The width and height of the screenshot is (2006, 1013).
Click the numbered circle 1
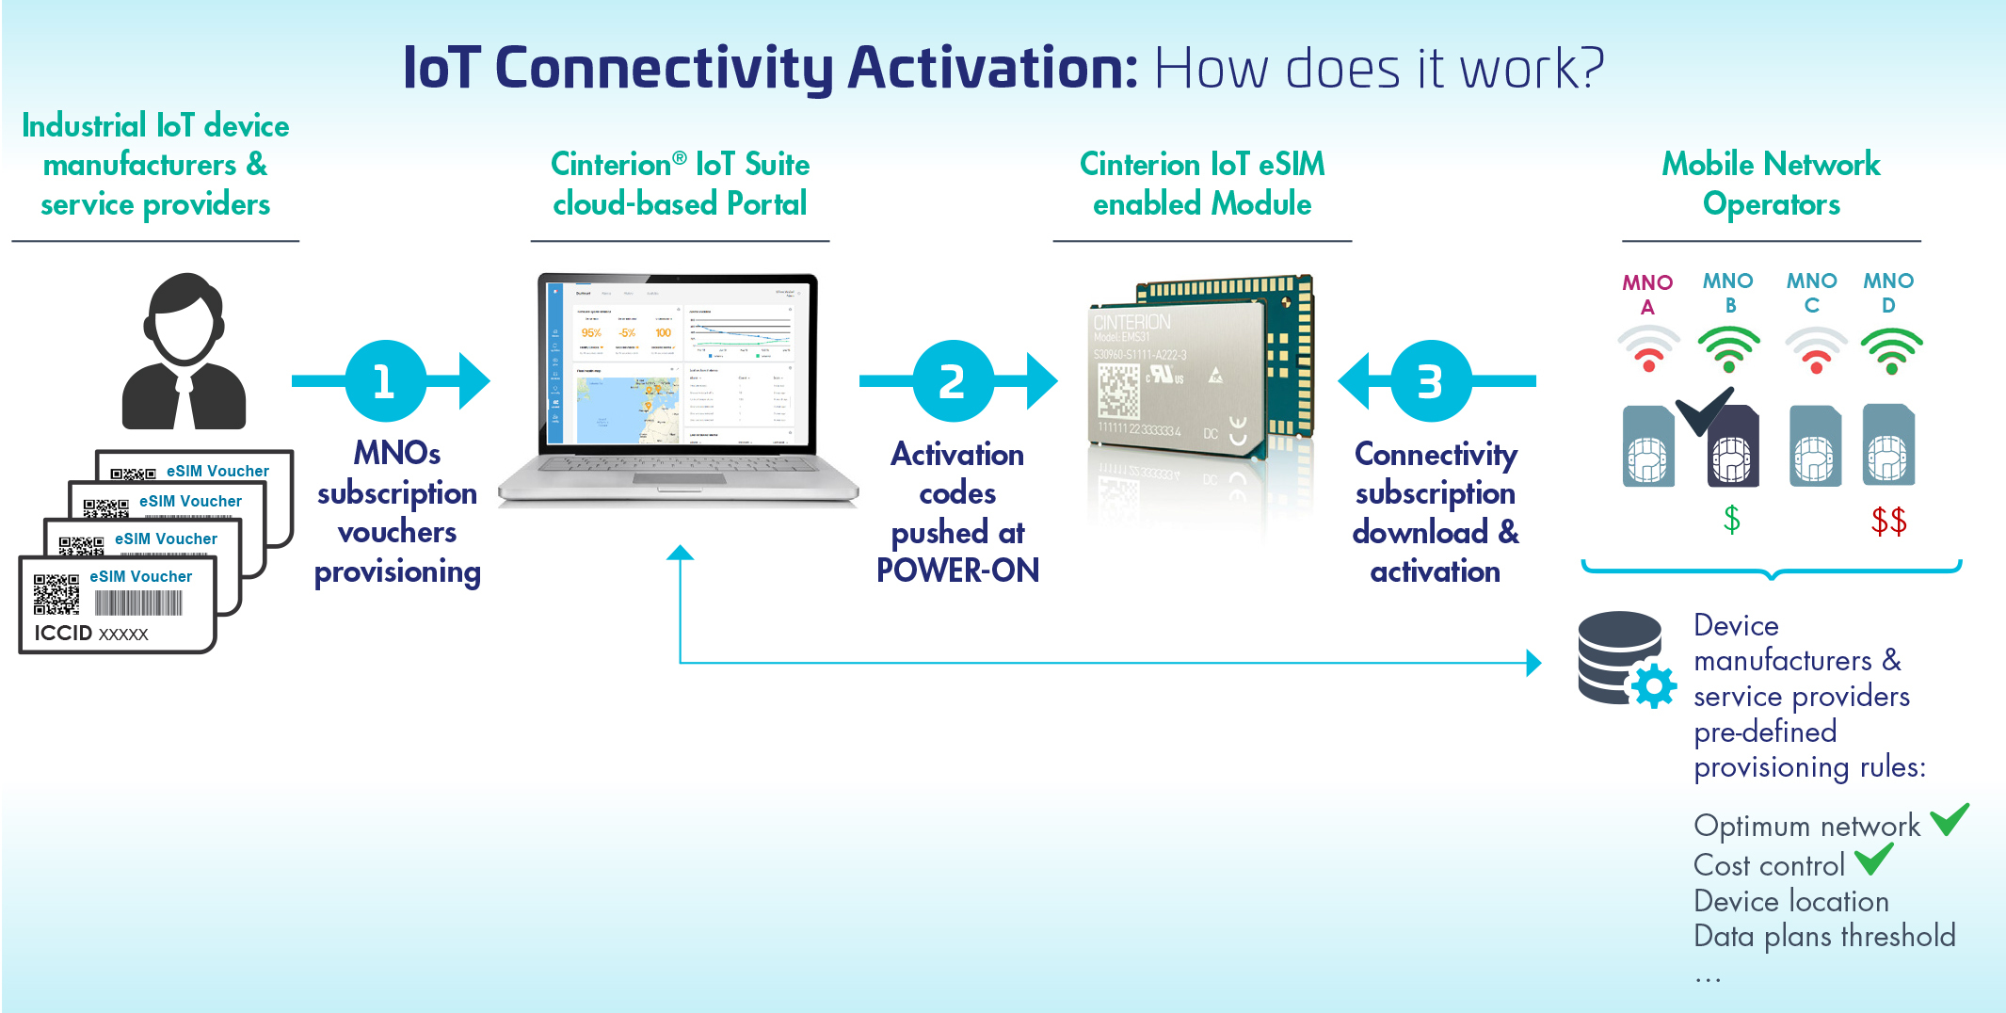coord(385,381)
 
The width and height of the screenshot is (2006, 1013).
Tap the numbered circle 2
coord(953,381)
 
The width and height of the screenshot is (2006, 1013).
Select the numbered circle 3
coord(1430,381)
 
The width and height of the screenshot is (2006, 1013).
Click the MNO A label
coord(1647,294)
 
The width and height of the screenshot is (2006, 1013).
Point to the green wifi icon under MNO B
coord(1729,349)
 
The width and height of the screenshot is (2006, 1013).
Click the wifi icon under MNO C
coord(1815,350)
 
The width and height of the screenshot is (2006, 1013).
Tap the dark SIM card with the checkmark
coord(1732,447)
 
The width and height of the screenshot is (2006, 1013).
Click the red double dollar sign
coord(1888,520)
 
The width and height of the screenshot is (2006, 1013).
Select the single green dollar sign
coord(1731,519)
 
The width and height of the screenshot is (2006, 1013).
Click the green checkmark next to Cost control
coord(1873,859)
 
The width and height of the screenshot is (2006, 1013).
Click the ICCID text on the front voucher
coord(63,633)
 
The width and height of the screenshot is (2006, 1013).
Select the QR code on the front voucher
coord(56,593)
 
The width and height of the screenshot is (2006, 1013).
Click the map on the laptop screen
coord(626,410)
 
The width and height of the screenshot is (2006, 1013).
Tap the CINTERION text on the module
coord(1132,322)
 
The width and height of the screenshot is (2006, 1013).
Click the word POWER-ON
coord(957,571)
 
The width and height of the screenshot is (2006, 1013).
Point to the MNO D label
coord(1888,292)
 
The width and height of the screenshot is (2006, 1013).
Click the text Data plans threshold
coord(1824,936)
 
